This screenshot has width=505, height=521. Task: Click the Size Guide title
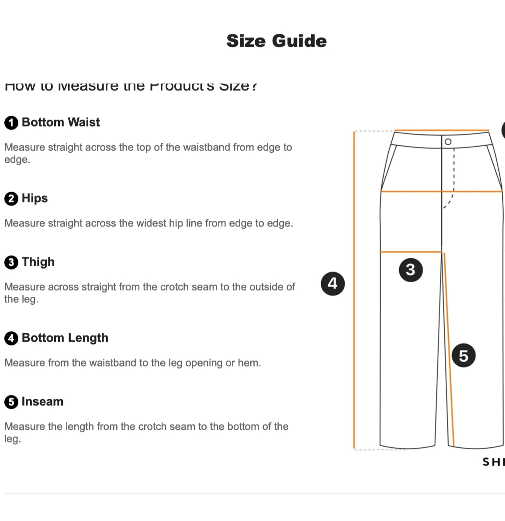pos(277,41)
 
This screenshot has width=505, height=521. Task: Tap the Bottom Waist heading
pos(61,122)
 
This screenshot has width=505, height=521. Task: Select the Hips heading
pos(35,198)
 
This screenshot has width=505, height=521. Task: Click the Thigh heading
pos(38,262)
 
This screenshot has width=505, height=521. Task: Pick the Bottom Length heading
pos(65,338)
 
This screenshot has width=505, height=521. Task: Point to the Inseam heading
pos(42,401)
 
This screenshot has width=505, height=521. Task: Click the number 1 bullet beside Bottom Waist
pos(11,123)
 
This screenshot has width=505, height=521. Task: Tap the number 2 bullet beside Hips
pos(11,199)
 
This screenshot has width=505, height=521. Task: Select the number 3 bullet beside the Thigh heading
pos(11,262)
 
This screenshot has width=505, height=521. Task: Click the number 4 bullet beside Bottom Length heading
pos(11,338)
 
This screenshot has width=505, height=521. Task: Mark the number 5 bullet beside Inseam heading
pos(11,402)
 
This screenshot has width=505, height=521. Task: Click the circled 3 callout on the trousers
pos(411,270)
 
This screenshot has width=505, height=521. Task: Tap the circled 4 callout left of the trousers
pos(333,284)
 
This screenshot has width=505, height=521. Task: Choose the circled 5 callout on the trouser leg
pos(463,356)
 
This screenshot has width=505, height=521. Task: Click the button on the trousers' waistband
pos(448,142)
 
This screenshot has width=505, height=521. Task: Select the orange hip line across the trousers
pos(441,191)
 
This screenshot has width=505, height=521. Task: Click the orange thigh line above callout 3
pos(411,252)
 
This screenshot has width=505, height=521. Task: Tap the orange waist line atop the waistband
pos(441,130)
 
